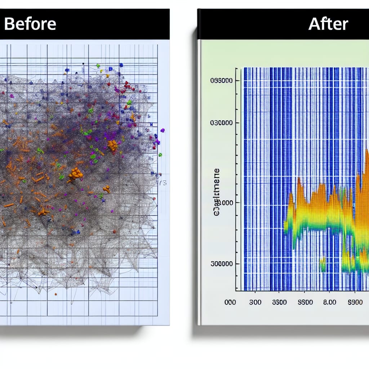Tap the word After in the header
328,24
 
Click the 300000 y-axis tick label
221,264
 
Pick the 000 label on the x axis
230,302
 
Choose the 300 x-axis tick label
255,302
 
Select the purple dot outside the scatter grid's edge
163,130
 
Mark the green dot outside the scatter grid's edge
160,155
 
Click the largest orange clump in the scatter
75,174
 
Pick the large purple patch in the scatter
110,136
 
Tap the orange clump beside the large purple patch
112,145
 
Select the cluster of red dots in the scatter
127,86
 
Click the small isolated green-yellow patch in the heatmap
323,264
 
